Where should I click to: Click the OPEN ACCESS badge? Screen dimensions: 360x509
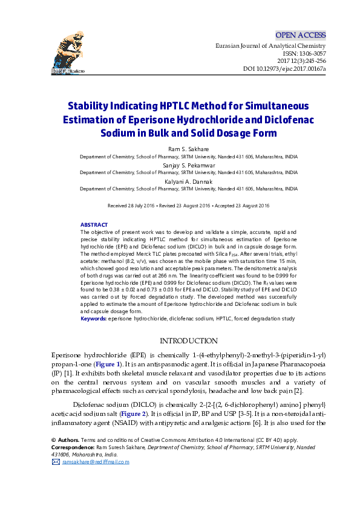pyautogui.click(x=301, y=35)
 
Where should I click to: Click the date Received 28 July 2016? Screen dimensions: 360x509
pyautogui.click(x=131, y=206)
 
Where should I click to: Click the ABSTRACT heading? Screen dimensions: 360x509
pyautogui.click(x=94, y=224)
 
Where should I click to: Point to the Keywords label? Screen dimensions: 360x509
pyautogui.click(x=93, y=317)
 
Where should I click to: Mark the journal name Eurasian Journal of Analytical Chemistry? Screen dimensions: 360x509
pyautogui.click(x=270, y=46)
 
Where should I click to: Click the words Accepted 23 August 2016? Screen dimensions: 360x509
pyautogui.click(x=240, y=206)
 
